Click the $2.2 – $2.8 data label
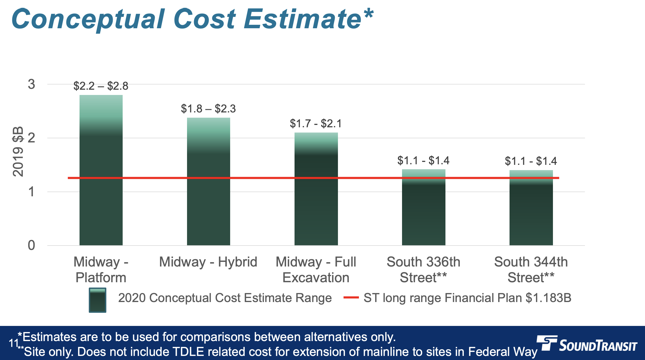(101, 86)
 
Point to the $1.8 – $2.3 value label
(208, 109)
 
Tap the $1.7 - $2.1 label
(316, 123)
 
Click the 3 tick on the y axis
(31, 84)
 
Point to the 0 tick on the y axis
(31, 246)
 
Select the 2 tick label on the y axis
(31, 138)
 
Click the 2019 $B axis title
(18, 151)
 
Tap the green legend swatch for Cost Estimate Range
(97, 300)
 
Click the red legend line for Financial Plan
(351, 297)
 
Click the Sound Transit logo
(587, 344)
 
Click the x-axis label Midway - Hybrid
(208, 262)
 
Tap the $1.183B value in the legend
(548, 298)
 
